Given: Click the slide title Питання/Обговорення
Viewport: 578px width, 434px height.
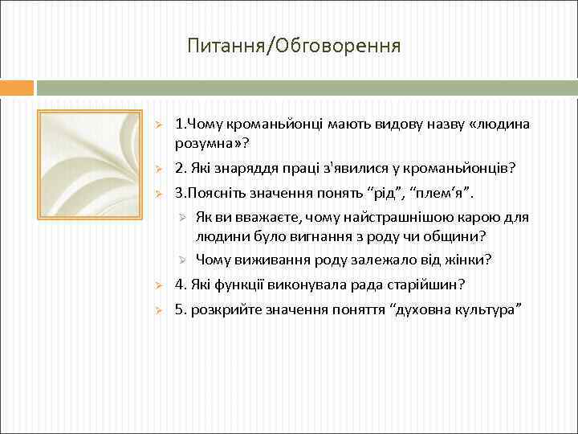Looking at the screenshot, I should tap(294, 46).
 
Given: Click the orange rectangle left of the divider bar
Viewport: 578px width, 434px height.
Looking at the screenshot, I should tap(17, 87).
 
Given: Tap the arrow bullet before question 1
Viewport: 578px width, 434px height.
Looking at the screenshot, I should tap(159, 125).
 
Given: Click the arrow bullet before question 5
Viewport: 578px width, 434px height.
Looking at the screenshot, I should tap(159, 311).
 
